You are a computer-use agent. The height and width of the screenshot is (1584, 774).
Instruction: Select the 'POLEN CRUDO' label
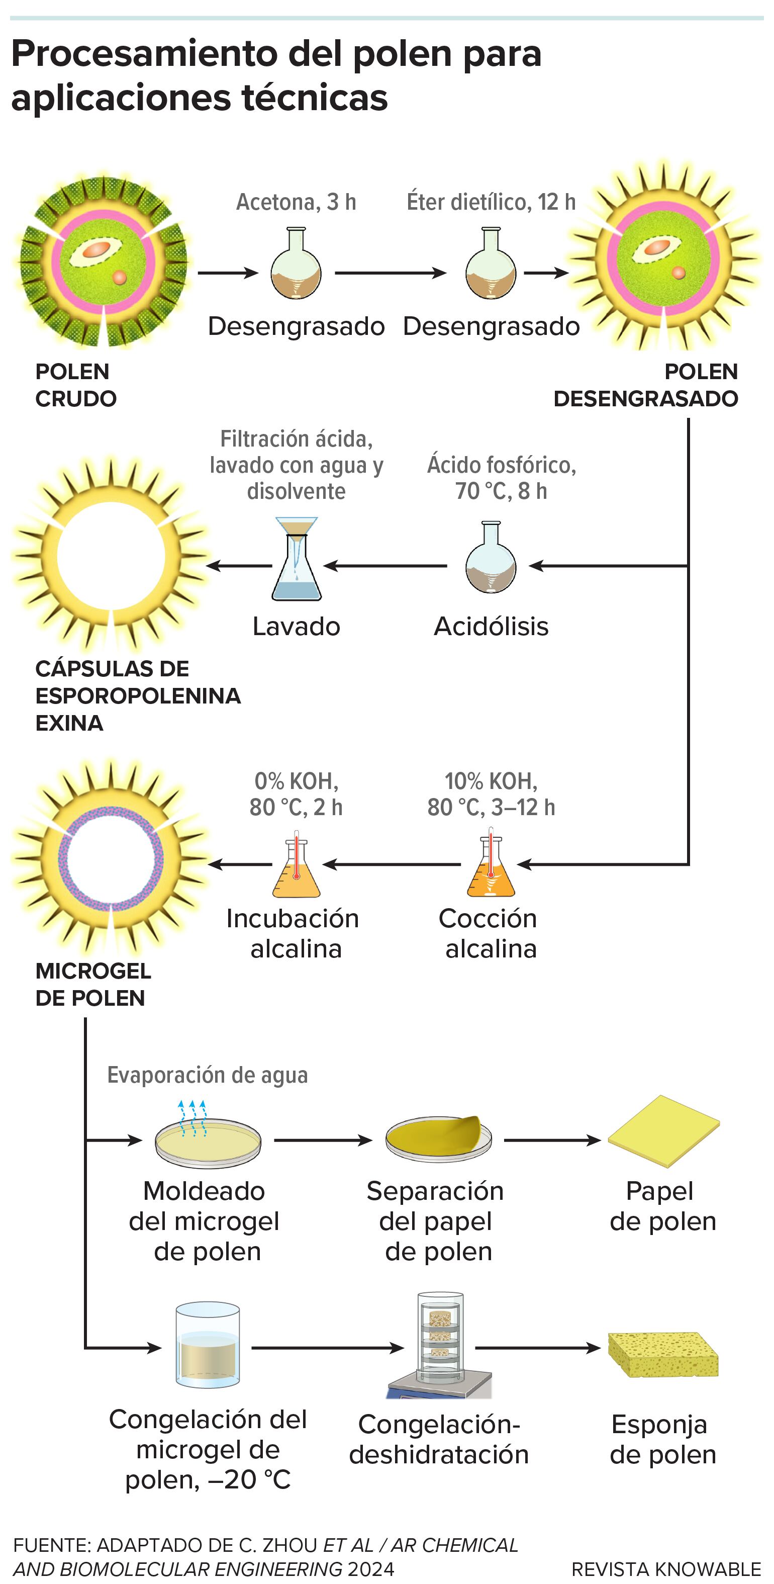coord(75,385)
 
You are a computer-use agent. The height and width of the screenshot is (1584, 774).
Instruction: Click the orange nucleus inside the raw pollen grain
coord(97,249)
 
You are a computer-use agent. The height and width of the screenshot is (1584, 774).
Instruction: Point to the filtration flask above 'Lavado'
coord(297,560)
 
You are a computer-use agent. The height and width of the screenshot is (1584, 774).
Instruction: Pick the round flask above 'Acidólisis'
coord(491,558)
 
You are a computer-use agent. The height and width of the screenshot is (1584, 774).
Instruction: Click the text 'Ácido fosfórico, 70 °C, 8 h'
coord(501,478)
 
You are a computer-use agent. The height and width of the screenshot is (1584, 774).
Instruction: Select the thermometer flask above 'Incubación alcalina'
coord(297,865)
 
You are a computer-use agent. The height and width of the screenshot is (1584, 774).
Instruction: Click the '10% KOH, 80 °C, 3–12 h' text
coord(491,794)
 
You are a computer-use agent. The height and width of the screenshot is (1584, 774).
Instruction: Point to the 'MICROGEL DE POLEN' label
coord(92,984)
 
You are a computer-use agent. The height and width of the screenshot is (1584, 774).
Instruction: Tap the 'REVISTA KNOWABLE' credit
coord(666,1568)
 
